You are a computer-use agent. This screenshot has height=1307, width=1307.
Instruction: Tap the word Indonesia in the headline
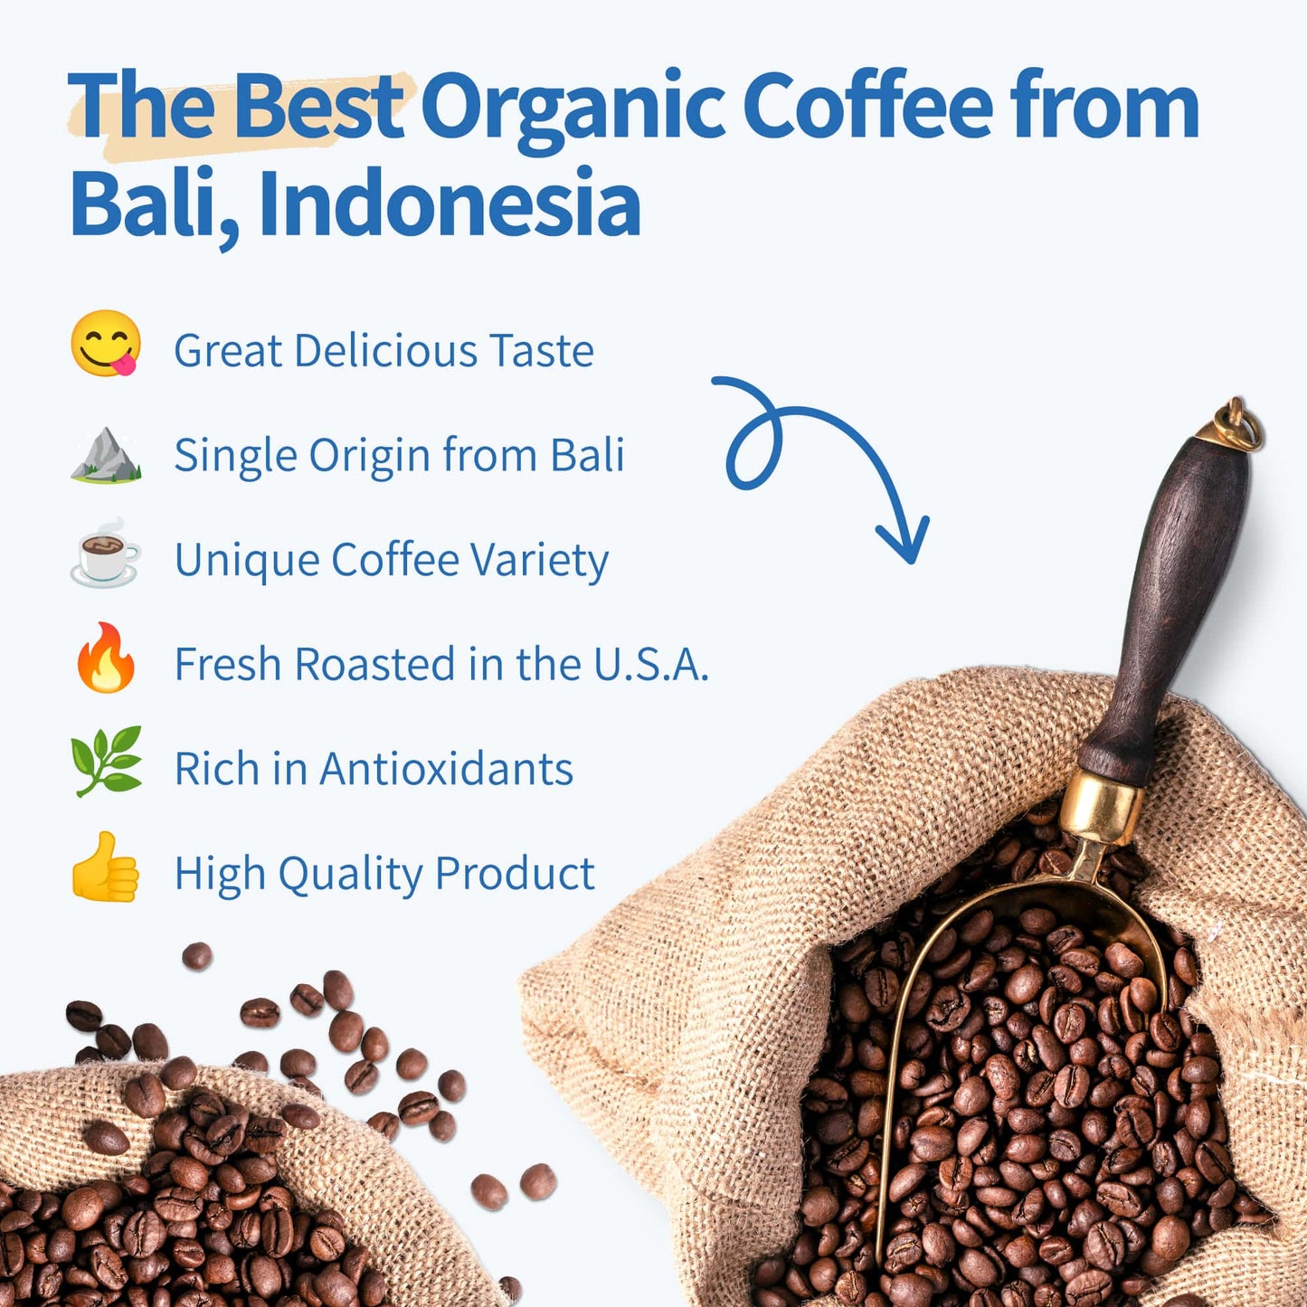[450, 204]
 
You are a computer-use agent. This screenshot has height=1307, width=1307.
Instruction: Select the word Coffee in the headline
[867, 108]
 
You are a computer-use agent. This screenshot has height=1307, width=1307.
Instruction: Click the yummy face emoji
[106, 344]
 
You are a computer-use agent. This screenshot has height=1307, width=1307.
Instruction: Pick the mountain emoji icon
[106, 454]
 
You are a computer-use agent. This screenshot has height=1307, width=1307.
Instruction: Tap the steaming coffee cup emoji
[105, 554]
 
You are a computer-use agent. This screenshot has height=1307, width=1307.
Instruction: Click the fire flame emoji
[106, 658]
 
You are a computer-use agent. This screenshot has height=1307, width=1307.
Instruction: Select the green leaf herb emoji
[107, 761]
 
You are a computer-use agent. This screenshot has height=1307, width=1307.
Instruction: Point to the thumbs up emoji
[106, 867]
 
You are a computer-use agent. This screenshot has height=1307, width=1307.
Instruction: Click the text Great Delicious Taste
[384, 351]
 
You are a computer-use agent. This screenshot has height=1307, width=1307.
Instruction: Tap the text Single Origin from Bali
[399, 455]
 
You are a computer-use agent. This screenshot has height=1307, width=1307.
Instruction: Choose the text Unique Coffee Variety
[391, 560]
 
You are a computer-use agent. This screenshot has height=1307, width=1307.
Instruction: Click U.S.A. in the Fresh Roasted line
[650, 665]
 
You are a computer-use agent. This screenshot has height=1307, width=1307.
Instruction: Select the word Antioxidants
[446, 769]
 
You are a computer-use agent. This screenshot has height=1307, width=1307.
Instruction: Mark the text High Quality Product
[384, 874]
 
